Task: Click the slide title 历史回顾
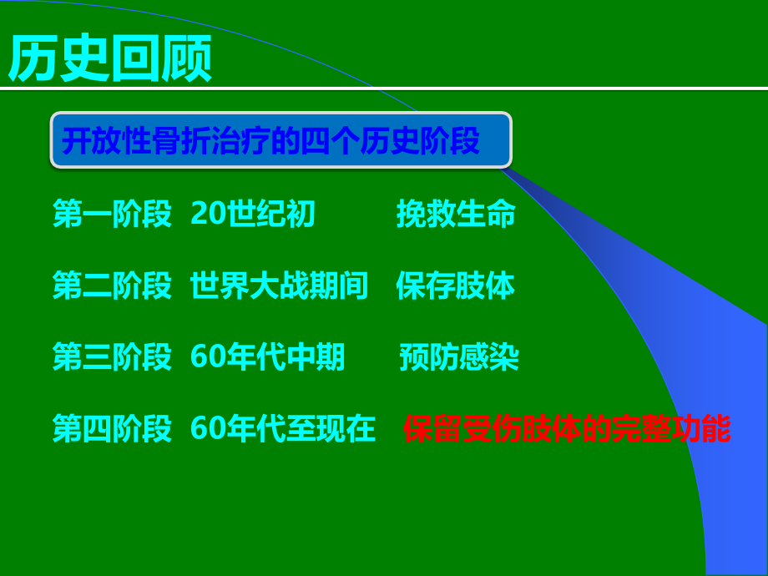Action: pyautogui.click(x=110, y=58)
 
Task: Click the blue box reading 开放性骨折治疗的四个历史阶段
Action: pyautogui.click(x=280, y=140)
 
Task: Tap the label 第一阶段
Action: pyautogui.click(x=112, y=215)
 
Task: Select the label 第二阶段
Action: pyautogui.click(x=112, y=286)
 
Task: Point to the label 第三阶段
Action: pyautogui.click(x=112, y=358)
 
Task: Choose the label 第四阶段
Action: pyautogui.click(x=112, y=429)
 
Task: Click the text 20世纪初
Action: pyautogui.click(x=253, y=215)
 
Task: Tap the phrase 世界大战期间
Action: pyautogui.click(x=279, y=286)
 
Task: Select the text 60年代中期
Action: pyautogui.click(x=267, y=358)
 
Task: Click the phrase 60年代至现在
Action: pyautogui.click(x=283, y=429)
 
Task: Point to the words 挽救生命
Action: pyautogui.click(x=456, y=215)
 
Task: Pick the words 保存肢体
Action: pyautogui.click(x=456, y=286)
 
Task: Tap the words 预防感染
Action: pyautogui.click(x=459, y=358)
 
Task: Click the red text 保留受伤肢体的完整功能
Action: pyautogui.click(x=568, y=429)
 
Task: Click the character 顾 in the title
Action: pyautogui.click(x=186, y=58)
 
